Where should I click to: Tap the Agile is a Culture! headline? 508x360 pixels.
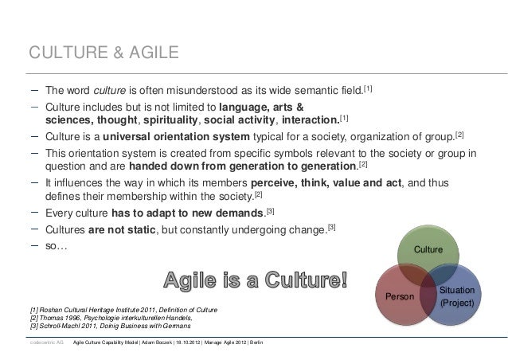pyautogui.click(x=256, y=280)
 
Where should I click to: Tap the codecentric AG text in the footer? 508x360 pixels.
pyautogui.click(x=45, y=342)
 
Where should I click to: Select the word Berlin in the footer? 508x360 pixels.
pyautogui.click(x=263, y=342)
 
